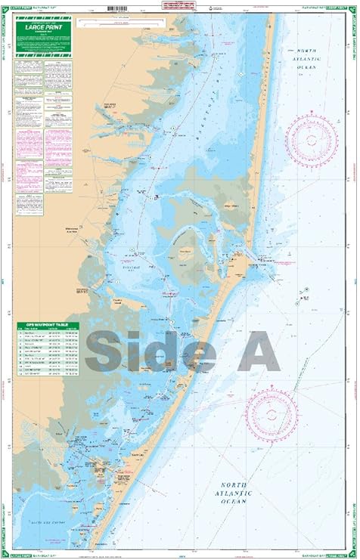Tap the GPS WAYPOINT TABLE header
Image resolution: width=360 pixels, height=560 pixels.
coord(48,303)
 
